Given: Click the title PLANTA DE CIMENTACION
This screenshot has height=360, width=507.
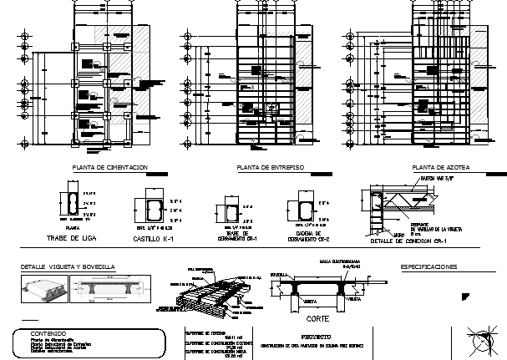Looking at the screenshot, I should [110, 169].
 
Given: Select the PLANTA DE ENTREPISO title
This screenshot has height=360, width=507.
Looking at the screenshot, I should [270, 169].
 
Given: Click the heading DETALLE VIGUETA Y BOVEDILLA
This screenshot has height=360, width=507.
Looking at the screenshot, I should [68, 267].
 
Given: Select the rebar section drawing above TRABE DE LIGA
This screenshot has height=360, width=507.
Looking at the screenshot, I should [66, 205].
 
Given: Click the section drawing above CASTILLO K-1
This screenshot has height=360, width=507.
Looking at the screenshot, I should [150, 213].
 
